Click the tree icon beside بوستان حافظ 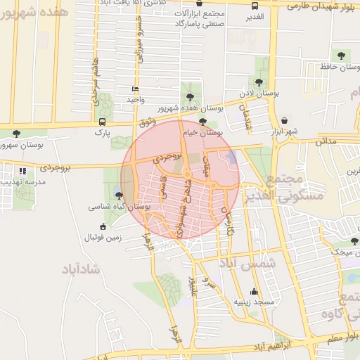[342, 56]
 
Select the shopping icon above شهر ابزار [284, 120]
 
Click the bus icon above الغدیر [255, 5]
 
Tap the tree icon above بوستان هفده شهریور [188, 97]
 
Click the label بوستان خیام [202, 132]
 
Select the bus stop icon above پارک [103, 122]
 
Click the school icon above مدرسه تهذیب [23, 171]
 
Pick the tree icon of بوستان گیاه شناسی [119, 196]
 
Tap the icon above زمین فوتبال [103, 226]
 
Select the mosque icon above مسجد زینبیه [255, 292]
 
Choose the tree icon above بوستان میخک [354, 241]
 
